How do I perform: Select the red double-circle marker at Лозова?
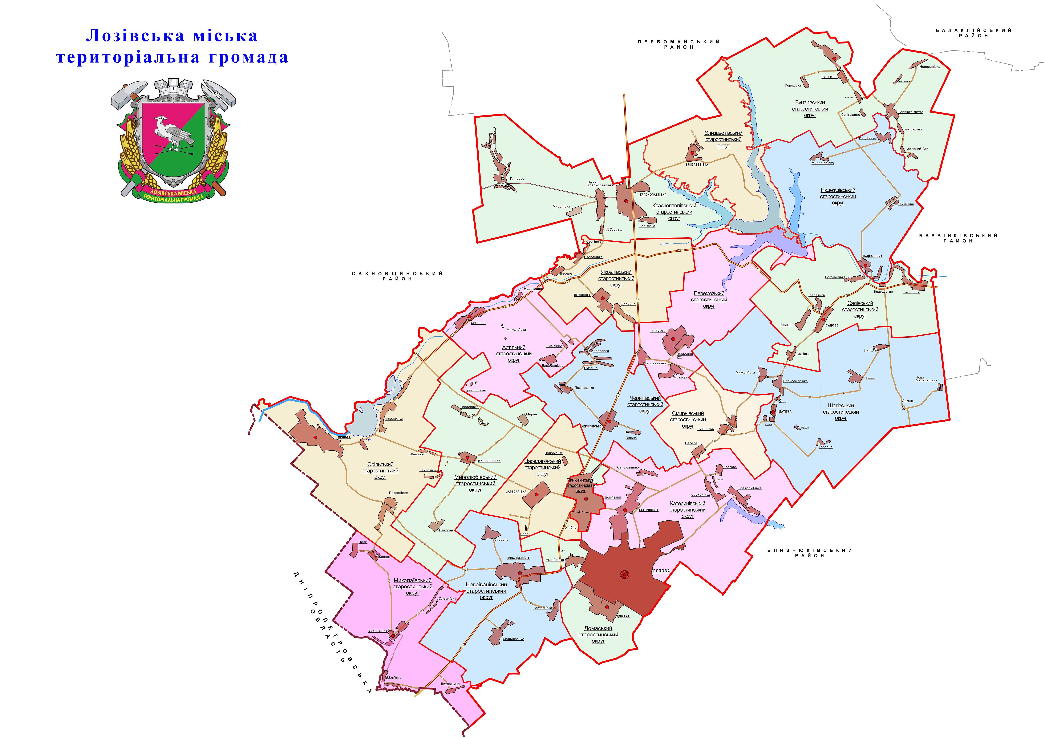(624, 575)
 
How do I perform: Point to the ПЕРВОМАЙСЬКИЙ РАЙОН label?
(679, 44)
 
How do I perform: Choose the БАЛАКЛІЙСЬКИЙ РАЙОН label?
(973, 33)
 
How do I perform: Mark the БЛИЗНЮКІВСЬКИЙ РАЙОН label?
(810, 553)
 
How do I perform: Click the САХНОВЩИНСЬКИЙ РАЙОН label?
(397, 276)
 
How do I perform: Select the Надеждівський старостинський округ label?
(838, 196)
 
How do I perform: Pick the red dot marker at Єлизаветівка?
(692, 153)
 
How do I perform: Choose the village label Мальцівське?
(513, 639)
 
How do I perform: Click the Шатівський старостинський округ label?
(841, 412)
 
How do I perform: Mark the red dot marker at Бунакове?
(834, 59)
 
